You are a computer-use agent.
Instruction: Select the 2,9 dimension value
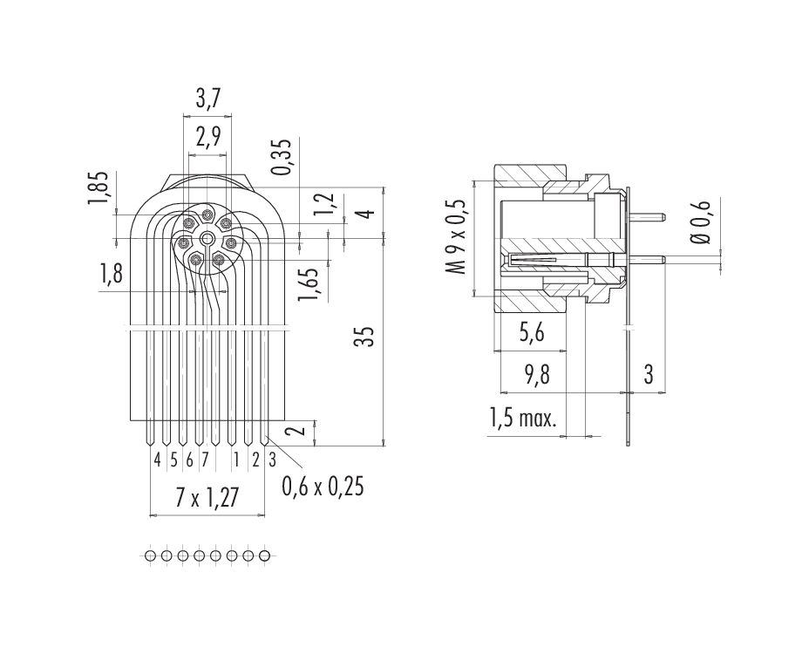(x=207, y=137)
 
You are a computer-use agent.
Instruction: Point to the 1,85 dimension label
(x=100, y=189)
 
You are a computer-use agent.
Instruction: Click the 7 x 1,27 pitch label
(x=207, y=498)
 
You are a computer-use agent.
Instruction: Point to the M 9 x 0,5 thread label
(x=457, y=238)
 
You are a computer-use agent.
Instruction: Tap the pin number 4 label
(x=157, y=458)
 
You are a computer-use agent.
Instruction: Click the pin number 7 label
(x=204, y=458)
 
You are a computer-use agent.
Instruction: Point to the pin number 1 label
(x=236, y=458)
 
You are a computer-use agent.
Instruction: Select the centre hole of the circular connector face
(x=207, y=238)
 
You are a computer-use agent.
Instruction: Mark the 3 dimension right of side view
(x=649, y=375)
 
